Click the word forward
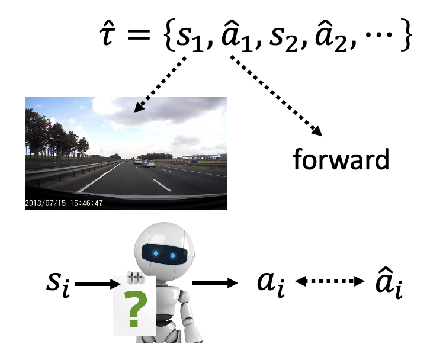coord(342,160)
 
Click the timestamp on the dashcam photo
coord(63,202)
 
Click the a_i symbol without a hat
coord(270,282)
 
